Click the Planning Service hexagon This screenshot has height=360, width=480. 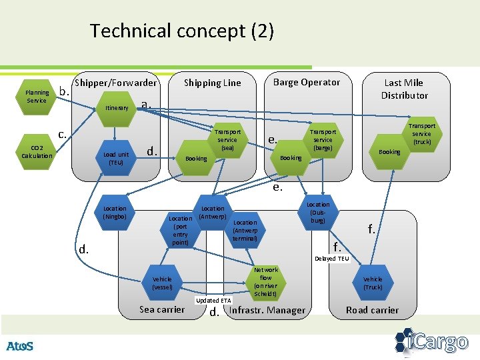click(37, 97)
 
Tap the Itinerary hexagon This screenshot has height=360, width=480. click(117, 107)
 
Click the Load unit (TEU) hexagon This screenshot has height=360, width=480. click(116, 159)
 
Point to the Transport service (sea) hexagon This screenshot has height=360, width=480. click(227, 139)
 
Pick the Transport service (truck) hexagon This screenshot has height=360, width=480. click(421, 134)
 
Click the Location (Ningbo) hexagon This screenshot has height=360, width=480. click(115, 213)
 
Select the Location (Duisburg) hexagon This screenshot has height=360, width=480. click(318, 213)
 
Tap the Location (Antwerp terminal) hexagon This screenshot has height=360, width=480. click(245, 231)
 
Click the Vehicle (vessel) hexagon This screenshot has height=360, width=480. click(162, 283)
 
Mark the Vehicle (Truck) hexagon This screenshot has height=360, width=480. click(373, 283)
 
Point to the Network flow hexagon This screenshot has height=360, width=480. click(265, 281)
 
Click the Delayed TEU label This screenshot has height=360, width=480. click(331, 258)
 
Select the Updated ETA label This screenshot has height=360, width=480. click(213, 301)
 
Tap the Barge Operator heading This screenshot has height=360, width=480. click(307, 83)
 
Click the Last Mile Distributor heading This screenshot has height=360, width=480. click(404, 89)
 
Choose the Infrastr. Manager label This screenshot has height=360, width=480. click(267, 310)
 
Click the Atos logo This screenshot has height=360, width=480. click(19, 346)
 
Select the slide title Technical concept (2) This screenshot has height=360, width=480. click(182, 31)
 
